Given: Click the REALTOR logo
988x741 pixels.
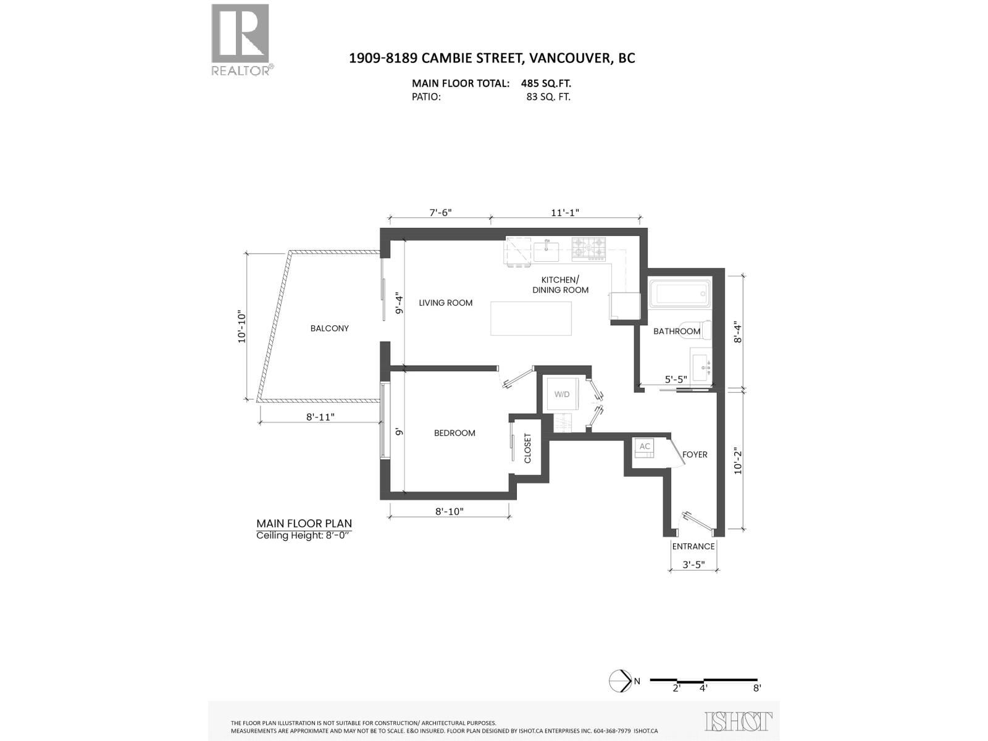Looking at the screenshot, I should (x=241, y=38).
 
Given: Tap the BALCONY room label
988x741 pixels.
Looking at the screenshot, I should (x=330, y=329).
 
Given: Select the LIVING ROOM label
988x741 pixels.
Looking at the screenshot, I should (x=445, y=303).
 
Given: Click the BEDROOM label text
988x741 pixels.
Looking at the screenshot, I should (x=454, y=433).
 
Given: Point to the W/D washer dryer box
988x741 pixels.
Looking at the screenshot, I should (x=561, y=395).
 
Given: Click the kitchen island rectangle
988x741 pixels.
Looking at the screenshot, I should (x=531, y=318).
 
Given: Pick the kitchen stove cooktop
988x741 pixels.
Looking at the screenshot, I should (x=588, y=248).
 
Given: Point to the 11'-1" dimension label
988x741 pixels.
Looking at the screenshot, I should (x=565, y=213).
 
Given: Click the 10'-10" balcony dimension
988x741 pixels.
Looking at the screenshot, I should (x=241, y=327).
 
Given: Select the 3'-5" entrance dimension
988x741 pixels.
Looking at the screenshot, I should (x=693, y=564).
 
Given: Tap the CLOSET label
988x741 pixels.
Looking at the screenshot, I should (x=528, y=448).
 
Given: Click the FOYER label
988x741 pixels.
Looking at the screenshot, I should (x=695, y=454).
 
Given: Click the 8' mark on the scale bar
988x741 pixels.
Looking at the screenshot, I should (x=757, y=688).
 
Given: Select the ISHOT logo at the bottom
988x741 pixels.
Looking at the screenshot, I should (x=739, y=722).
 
